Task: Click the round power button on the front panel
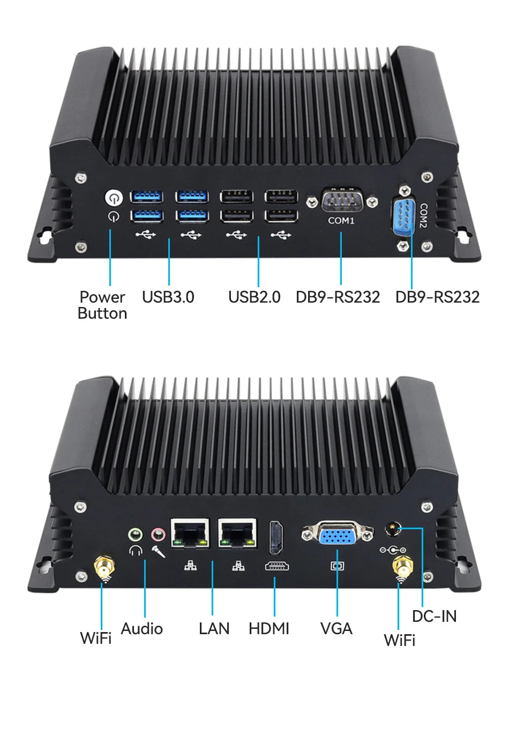113,198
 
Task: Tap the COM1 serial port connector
342,201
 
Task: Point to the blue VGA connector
337,535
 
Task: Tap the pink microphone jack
158,534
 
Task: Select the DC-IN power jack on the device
393,530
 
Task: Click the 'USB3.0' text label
168,297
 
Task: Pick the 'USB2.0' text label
254,297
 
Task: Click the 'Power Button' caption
102,305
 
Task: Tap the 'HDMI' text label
268,628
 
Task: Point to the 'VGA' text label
336,628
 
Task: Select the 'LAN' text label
214,628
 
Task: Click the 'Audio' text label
141,628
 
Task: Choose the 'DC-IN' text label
434,617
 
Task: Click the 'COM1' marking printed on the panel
341,221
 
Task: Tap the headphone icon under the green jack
136,550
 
